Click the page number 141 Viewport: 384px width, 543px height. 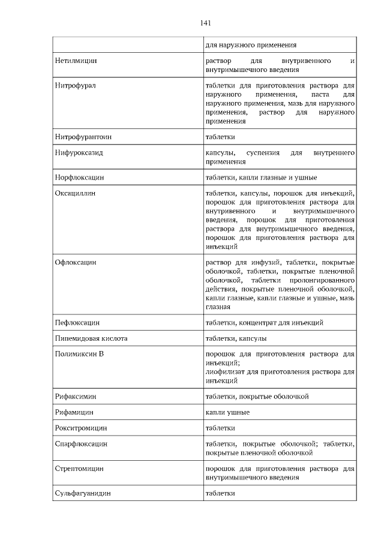[205, 23]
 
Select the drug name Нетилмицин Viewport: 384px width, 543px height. [76, 61]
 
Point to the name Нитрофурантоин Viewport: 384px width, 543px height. [83, 137]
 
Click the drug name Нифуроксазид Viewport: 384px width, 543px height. [79, 153]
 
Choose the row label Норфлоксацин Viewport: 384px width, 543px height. [80, 178]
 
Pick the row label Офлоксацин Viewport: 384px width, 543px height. [76, 263]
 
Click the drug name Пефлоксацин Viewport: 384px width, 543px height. [77, 323]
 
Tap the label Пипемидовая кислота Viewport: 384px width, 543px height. [91, 338]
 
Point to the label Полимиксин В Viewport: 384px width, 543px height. [79, 354]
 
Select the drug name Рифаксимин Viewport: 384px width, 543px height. [76, 397]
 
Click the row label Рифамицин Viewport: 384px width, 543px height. [74, 413]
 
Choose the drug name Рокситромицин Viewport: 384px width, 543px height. [81, 428]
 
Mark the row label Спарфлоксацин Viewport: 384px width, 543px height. [81, 444]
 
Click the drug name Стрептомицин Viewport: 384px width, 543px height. [79, 469]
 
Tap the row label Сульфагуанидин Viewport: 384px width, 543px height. [83, 493]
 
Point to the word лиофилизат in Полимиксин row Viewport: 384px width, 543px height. [223, 372]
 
